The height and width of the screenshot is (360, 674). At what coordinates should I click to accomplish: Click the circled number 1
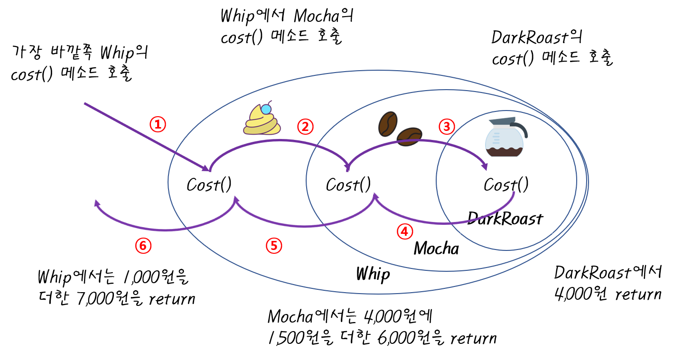click(158, 124)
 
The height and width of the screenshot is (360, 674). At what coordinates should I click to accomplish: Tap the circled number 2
click(305, 127)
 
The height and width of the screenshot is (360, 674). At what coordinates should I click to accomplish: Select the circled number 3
click(446, 127)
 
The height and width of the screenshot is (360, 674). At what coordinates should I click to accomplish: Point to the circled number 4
click(404, 231)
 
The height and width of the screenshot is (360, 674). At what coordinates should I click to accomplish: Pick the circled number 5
click(273, 245)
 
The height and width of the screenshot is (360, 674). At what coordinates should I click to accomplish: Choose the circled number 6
click(143, 245)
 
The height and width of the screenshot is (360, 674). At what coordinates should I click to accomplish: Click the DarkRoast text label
click(505, 219)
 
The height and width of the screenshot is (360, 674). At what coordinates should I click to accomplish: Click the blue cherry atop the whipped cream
click(266, 109)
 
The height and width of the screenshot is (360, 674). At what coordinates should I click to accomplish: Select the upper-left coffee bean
click(387, 124)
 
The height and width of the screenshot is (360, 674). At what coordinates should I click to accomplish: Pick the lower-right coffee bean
click(409, 136)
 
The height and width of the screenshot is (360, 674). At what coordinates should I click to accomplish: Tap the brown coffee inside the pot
click(504, 152)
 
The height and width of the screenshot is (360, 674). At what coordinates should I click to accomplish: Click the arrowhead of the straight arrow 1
click(206, 168)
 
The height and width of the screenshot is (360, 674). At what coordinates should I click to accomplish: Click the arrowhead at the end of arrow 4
click(375, 196)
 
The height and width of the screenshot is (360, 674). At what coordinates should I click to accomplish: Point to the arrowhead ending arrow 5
click(236, 199)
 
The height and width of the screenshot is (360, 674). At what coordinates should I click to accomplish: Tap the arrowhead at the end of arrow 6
click(97, 203)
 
